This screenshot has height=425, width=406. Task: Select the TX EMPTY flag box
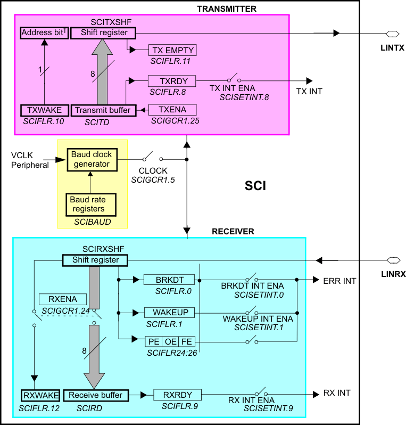(172, 51)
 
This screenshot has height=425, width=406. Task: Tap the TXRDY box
(172, 81)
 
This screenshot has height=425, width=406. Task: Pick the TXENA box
(172, 110)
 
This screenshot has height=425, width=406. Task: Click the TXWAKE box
(44, 111)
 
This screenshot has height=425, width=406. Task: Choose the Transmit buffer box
(97, 111)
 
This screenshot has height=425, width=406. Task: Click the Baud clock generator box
(92, 159)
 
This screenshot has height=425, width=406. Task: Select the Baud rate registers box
(87, 205)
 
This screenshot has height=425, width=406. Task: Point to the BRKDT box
(170, 280)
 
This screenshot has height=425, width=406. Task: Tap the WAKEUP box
(170, 312)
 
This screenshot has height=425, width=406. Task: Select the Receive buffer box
(96, 396)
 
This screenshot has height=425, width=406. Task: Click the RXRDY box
(177, 395)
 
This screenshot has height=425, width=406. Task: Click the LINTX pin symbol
(392, 34)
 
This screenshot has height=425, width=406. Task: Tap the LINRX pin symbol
(393, 260)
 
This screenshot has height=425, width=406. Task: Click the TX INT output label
(309, 92)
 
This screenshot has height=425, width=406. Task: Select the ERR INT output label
(339, 281)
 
